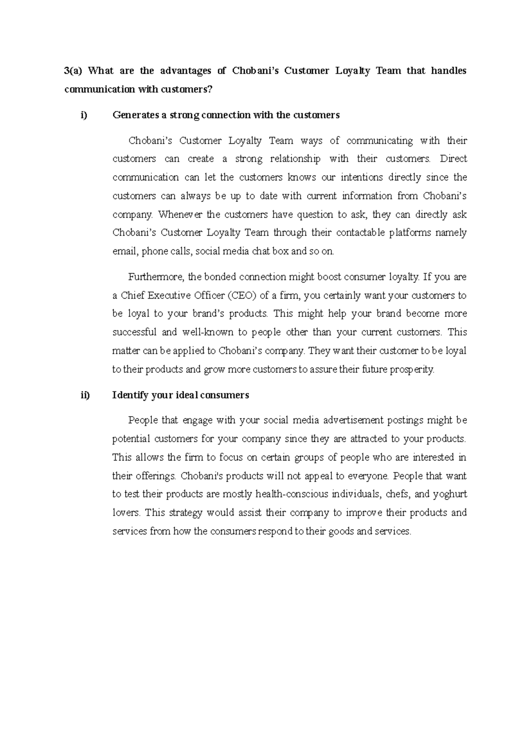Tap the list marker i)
coord(84,115)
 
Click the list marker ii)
coord(85,395)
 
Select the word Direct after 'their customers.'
coord(454,159)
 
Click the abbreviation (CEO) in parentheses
coord(241,295)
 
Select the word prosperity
coord(412,369)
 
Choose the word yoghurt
coord(450,494)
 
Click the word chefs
coord(399,494)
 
